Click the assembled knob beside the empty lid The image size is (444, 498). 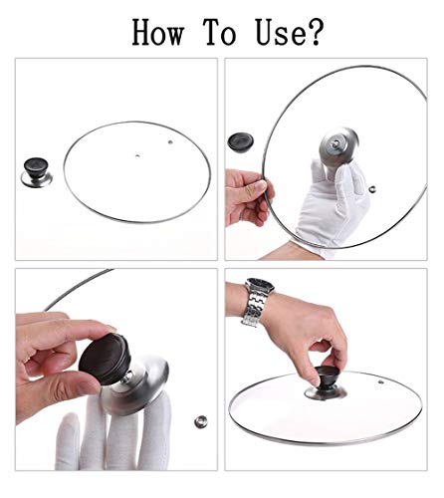(37, 170)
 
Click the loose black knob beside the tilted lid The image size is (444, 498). (242, 140)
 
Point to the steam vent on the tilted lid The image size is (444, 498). (370, 188)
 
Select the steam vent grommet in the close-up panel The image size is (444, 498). (198, 422)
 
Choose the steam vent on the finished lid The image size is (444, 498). (378, 377)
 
